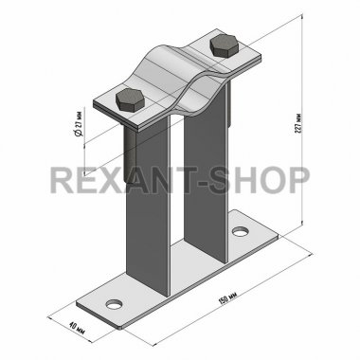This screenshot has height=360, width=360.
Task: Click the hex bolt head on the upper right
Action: pos(225,45)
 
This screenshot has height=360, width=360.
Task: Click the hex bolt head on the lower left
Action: pos(130,99)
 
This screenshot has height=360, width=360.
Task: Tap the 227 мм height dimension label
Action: pos(298,123)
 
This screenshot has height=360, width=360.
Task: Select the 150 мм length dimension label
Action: pos(227,297)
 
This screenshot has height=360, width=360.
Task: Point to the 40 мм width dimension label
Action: pos(77,328)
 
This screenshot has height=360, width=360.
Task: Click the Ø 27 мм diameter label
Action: pos(79,123)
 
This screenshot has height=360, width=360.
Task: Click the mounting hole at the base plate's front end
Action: pos(114,305)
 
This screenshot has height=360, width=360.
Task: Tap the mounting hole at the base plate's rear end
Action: pos(241,231)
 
